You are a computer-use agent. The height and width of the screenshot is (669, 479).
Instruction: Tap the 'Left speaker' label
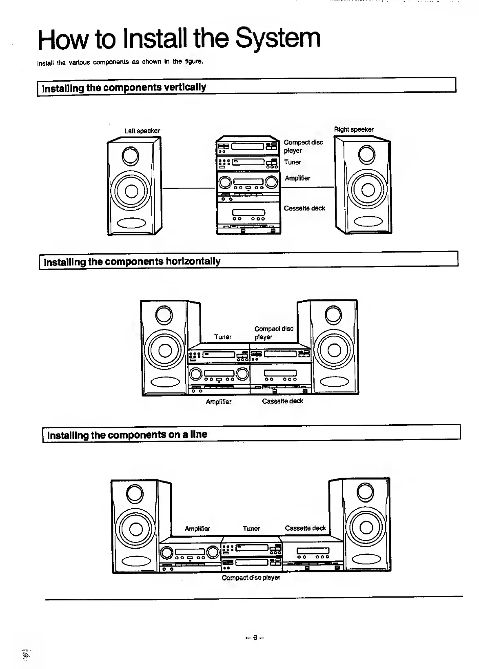[142, 131]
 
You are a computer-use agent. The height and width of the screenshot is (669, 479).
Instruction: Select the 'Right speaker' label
[354, 130]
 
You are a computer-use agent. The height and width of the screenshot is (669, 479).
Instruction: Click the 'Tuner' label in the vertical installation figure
[292, 162]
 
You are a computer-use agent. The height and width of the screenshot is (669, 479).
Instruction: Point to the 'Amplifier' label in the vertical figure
[297, 178]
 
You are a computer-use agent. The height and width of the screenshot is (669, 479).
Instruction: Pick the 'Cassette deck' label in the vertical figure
[304, 208]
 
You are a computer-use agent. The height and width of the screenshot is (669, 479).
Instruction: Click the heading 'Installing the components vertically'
[124, 88]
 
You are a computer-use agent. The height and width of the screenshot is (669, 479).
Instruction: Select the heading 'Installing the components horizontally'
[132, 261]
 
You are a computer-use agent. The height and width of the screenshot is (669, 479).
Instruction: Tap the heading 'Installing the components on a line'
[127, 435]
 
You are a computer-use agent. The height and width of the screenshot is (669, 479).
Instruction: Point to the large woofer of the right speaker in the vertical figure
[367, 189]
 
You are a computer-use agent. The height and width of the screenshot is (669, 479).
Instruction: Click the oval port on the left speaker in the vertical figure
[131, 223]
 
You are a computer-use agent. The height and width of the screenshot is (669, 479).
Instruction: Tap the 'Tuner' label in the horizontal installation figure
[223, 337]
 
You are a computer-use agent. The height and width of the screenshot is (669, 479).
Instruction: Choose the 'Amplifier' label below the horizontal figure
[218, 402]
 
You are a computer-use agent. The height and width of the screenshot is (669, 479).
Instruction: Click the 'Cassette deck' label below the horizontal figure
[282, 401]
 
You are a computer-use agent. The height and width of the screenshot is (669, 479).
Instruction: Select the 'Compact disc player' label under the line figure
[251, 578]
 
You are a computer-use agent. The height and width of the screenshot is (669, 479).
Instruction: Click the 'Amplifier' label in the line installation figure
[197, 529]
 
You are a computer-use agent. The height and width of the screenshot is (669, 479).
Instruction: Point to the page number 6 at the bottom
[255, 637]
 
